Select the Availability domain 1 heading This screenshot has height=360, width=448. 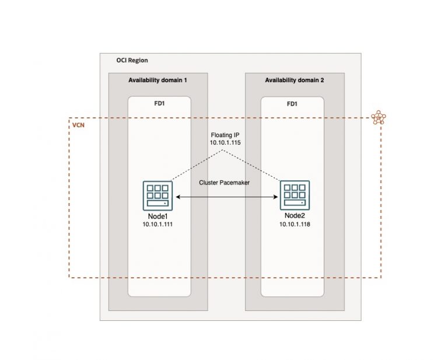158,80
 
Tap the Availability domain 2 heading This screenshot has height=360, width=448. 295,80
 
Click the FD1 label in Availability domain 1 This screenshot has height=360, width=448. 159,104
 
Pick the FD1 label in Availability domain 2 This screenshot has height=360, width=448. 292,104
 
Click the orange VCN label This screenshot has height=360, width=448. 78,126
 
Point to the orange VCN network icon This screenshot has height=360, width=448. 379,118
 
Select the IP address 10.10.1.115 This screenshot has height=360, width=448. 225,142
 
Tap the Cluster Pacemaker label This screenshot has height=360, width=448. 225,183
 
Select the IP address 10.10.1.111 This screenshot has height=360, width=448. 158,224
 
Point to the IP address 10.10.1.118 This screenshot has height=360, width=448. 295,224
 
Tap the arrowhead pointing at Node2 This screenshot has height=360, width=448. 274,199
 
